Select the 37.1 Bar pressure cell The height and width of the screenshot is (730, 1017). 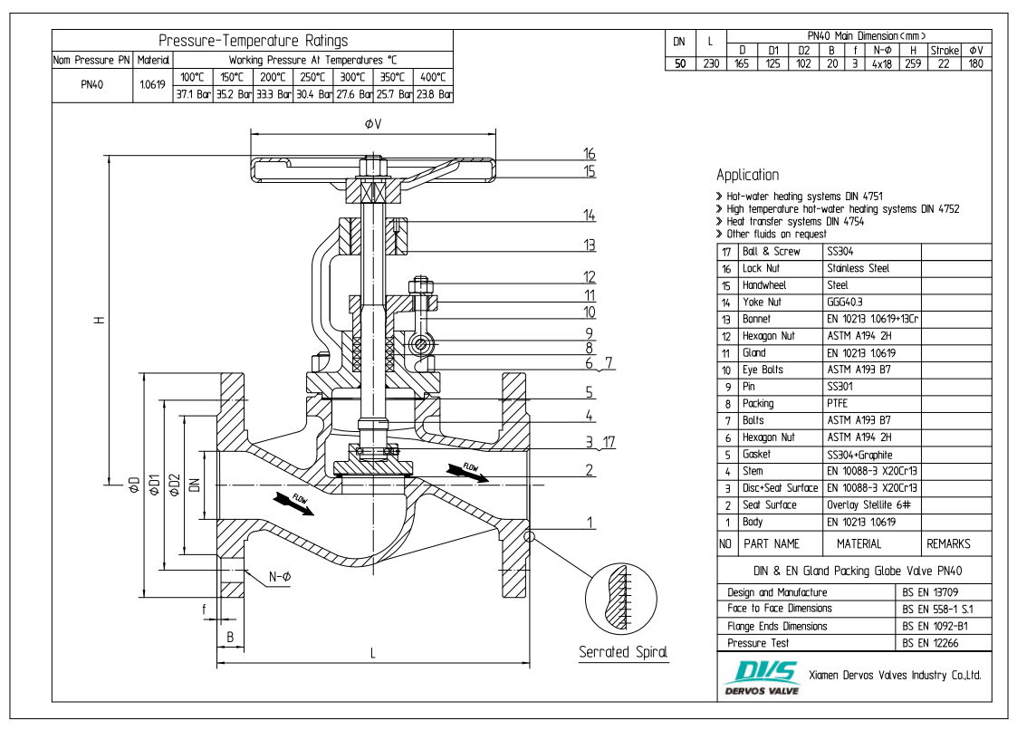(x=193, y=93)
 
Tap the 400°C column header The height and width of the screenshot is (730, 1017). (x=433, y=77)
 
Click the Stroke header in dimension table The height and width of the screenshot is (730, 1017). (x=944, y=51)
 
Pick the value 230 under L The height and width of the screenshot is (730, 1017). (x=711, y=63)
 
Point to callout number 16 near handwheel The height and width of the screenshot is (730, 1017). (x=589, y=153)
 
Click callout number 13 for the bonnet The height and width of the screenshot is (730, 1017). (x=589, y=245)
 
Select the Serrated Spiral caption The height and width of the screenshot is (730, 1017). (x=623, y=652)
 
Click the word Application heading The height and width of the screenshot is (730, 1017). (x=747, y=175)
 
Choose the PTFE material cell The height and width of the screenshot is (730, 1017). (x=840, y=403)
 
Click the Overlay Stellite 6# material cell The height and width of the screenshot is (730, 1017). (x=869, y=504)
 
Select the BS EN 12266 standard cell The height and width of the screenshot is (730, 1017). (x=931, y=642)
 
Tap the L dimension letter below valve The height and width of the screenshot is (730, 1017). (x=373, y=654)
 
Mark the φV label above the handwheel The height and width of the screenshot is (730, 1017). (x=372, y=123)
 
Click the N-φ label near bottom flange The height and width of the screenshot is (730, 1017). (x=280, y=577)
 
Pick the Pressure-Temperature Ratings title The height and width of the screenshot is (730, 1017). (x=253, y=41)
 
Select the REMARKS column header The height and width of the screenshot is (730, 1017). (x=948, y=543)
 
